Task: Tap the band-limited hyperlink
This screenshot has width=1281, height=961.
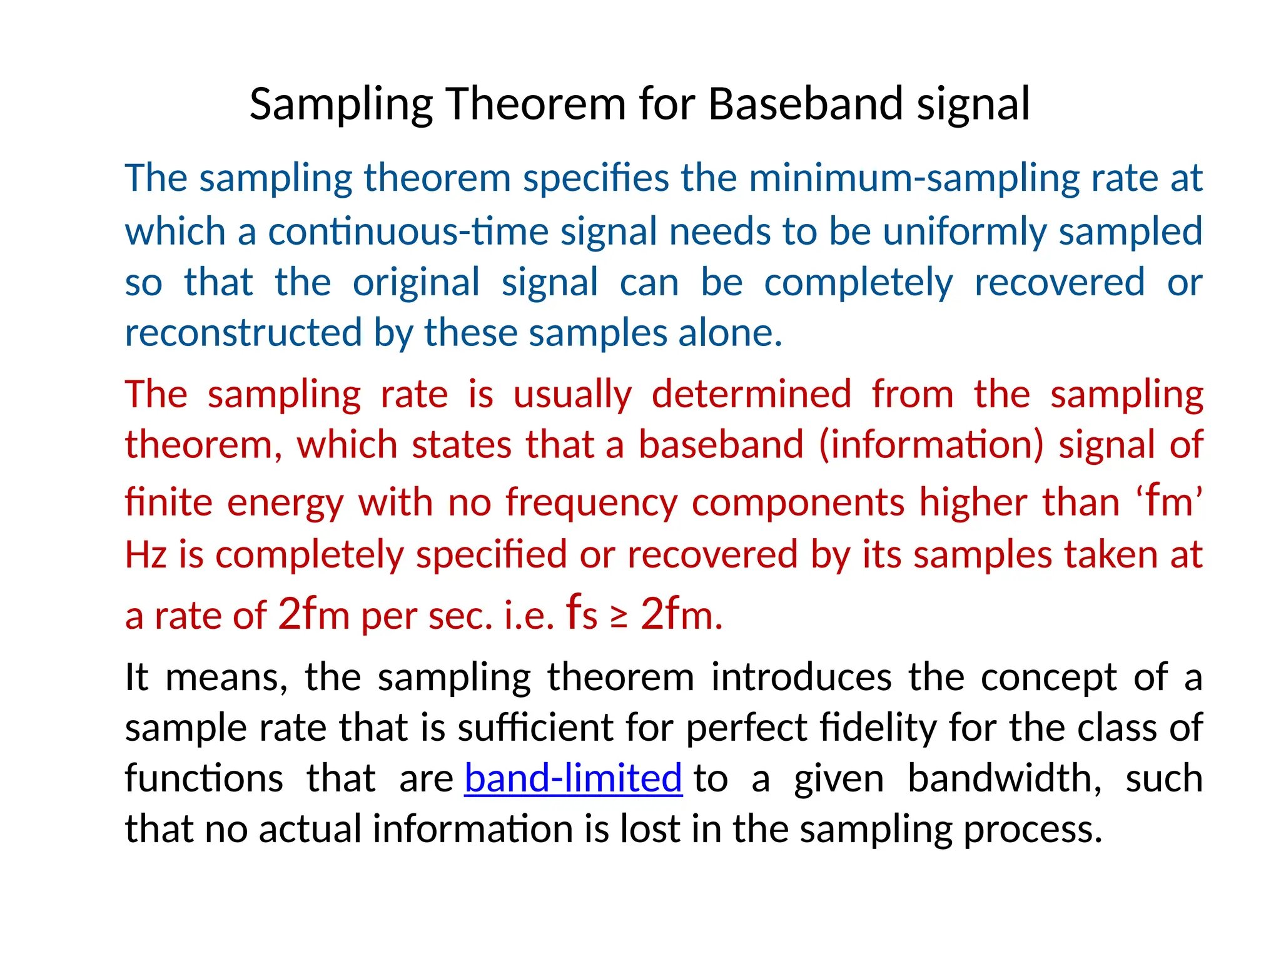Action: point(573,778)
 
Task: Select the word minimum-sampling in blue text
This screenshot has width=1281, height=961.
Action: point(914,178)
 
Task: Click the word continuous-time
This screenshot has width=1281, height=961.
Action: point(408,231)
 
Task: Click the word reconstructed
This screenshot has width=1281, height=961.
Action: point(243,332)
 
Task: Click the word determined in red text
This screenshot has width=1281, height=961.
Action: point(751,395)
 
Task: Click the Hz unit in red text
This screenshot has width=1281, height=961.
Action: point(145,555)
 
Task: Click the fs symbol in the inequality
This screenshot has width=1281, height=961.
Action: point(581,614)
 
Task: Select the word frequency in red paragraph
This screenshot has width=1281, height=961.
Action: point(591,502)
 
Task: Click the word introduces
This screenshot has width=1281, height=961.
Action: point(801,678)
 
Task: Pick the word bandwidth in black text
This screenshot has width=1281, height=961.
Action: point(1001,778)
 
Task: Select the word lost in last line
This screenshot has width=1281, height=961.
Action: point(649,830)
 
